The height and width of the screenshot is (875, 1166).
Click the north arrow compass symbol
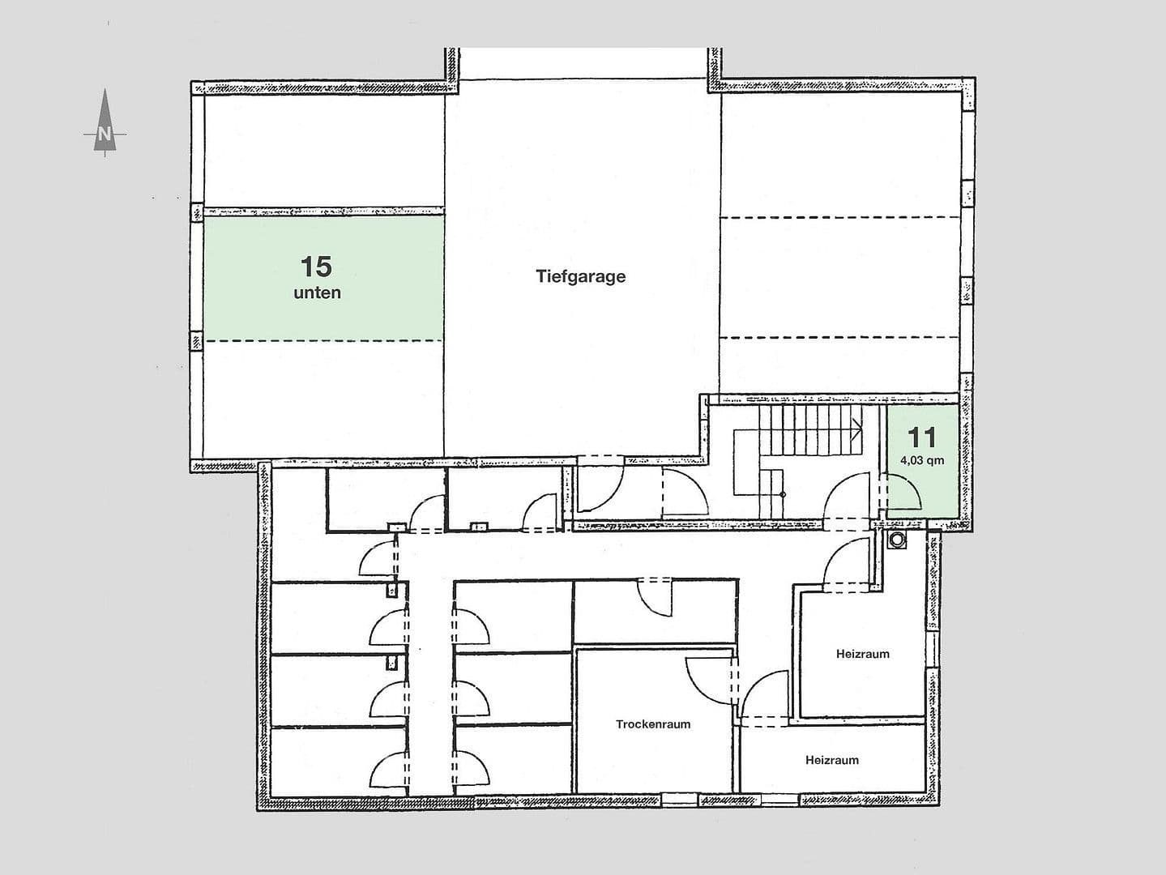point(105,122)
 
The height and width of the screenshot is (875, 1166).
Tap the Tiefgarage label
point(580,276)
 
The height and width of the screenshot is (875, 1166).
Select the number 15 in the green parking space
point(316,266)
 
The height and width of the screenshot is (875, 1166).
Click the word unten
point(317,293)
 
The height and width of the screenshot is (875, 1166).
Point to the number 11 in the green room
point(922,437)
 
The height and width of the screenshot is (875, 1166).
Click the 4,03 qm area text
point(922,461)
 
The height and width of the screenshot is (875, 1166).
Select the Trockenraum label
point(653,724)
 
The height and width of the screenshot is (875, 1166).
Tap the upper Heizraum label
point(862,654)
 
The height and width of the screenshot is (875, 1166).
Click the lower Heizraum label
point(831,760)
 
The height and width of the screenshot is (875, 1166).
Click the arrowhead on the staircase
point(856,427)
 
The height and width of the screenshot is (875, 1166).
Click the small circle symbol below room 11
point(897,540)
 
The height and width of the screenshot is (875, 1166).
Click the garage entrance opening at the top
point(582,63)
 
